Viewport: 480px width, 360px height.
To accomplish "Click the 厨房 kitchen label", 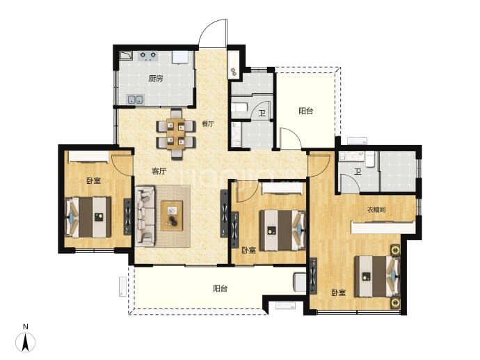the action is click(156, 79).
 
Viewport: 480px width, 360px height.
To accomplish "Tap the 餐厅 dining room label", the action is click(208, 124).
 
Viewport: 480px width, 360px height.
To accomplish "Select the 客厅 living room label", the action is click(159, 171).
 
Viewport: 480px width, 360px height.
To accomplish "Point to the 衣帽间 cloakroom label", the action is click(376, 210).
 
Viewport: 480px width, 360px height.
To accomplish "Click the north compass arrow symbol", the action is click(26, 342).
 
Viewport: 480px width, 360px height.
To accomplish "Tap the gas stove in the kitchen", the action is click(148, 56).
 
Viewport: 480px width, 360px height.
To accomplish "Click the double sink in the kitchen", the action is click(135, 100).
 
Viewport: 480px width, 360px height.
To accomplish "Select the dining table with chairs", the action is click(176, 134).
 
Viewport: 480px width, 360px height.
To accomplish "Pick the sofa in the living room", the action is click(145, 216).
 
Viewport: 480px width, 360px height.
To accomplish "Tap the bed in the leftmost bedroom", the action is click(88, 217).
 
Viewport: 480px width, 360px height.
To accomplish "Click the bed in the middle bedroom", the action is click(282, 230).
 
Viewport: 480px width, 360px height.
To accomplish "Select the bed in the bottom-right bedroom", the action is click(377, 276).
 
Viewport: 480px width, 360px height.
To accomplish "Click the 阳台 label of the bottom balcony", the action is click(220, 288).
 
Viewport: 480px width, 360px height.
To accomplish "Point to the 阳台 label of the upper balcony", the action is click(306, 111).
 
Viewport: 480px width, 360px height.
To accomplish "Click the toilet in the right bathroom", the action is click(370, 159).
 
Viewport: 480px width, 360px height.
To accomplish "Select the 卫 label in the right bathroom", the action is click(358, 172).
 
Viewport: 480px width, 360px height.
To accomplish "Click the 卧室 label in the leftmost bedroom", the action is click(93, 180).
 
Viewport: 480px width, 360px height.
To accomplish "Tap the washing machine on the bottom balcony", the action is click(300, 282).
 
